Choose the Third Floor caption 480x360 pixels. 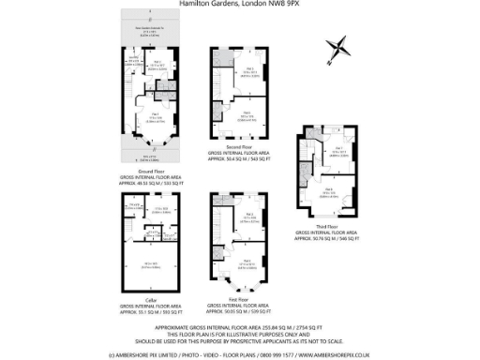click(x=328, y=225)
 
